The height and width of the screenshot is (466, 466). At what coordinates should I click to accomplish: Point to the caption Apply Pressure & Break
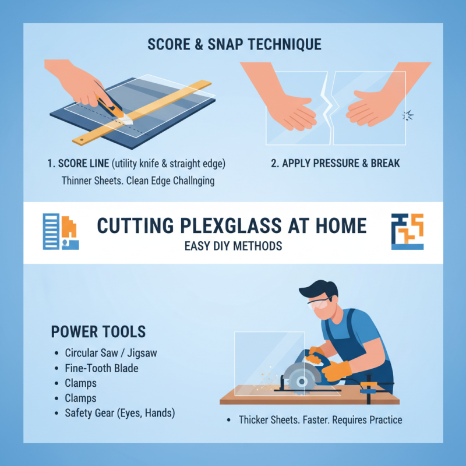(336, 163)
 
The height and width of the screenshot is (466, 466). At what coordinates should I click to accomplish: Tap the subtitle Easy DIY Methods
(233, 246)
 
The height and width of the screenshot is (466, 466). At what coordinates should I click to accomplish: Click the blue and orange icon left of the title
(61, 231)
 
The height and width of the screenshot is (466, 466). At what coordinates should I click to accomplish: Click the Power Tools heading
(98, 332)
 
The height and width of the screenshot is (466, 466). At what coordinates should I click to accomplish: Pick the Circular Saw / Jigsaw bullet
(111, 353)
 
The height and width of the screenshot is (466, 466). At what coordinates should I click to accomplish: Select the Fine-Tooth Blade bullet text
(102, 368)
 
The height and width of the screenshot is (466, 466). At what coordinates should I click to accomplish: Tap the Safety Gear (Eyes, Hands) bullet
(120, 413)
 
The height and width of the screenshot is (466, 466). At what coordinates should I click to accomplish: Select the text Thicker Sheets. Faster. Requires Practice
(320, 419)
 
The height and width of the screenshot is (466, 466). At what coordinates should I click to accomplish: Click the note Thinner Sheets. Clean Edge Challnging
(138, 181)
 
